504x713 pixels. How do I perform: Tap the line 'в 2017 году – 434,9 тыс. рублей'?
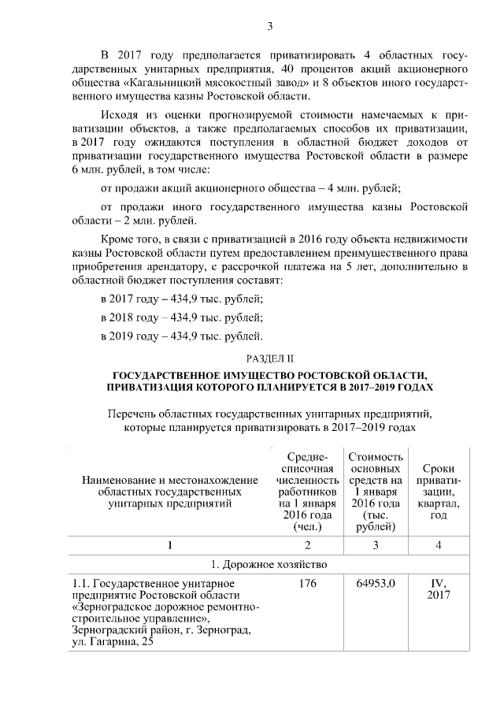pos(182,299)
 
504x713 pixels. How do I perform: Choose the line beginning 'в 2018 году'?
pos(182,318)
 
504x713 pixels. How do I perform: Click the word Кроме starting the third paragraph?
pos(120,239)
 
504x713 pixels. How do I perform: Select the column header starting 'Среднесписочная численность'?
pos(307,492)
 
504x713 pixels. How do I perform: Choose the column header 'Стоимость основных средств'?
pos(375,492)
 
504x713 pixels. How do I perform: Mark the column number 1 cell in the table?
pos(170,544)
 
